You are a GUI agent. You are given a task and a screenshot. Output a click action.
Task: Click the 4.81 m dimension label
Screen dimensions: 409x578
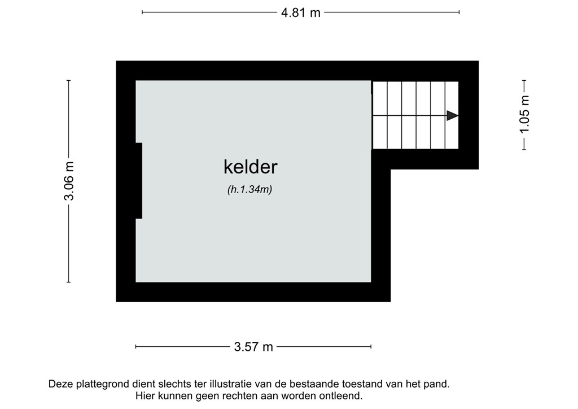tap(301, 12)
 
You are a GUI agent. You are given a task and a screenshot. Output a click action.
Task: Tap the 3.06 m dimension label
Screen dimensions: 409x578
tap(69, 181)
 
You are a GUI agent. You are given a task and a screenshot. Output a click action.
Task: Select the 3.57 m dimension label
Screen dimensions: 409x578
tap(253, 347)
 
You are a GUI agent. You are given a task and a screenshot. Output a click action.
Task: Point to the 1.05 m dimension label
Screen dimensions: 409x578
tap(525, 115)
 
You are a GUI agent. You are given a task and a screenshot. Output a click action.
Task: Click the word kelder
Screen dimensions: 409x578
tap(251, 167)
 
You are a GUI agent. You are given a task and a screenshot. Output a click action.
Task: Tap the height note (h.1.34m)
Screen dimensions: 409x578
tap(250, 190)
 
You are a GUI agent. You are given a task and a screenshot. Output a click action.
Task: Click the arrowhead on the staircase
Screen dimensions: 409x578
tap(452, 116)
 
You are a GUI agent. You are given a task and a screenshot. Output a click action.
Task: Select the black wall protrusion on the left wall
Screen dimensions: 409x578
tap(138, 181)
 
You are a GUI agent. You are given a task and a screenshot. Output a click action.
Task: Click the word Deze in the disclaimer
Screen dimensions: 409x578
tap(62, 384)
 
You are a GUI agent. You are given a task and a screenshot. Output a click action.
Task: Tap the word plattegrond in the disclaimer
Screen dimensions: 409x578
tap(104, 385)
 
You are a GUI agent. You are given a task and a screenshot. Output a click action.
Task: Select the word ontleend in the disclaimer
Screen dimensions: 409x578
tap(340, 397)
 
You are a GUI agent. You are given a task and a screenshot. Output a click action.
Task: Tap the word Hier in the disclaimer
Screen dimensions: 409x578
tap(146, 397)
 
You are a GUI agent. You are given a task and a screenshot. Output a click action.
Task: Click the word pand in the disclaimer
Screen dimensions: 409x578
tap(438, 385)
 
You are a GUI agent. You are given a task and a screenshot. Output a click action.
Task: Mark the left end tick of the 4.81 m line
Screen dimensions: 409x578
tap(142, 12)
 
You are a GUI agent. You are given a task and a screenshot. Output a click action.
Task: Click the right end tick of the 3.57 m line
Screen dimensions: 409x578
tap(371, 347)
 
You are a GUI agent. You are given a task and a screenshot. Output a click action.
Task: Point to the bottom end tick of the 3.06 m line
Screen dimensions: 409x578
tap(69, 282)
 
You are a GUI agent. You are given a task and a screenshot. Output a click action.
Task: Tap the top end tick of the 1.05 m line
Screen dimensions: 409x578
tap(525, 81)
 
